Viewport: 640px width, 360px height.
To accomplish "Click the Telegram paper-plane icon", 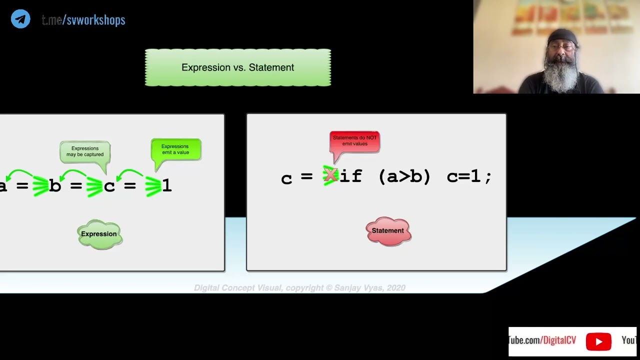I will coord(20,19).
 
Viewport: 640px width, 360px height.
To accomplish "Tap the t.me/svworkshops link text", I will coord(83,20).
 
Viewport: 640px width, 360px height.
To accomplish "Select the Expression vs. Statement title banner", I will coord(237,67).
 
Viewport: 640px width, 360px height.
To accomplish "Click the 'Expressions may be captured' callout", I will coord(85,151).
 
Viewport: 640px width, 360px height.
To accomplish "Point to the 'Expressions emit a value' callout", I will coord(175,149).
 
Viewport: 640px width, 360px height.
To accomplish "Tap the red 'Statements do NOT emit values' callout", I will coord(354,141).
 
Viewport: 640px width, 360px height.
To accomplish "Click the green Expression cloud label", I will coord(99,234).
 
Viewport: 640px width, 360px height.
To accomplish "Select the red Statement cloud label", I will coord(388,231).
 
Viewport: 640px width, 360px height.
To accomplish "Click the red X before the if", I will coord(330,175).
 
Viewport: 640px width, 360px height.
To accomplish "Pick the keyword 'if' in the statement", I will coord(350,176).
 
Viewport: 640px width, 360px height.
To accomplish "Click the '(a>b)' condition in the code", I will coord(404,176).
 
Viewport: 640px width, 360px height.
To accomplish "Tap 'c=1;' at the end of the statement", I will coord(469,176).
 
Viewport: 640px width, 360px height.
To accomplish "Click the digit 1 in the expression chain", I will coord(167,185).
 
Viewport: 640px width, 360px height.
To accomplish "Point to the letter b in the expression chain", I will coord(55,186).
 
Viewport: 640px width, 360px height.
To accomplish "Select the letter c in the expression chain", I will coord(109,186).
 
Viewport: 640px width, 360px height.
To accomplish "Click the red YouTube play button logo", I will coord(598,341).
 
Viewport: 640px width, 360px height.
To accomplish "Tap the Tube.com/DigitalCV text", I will coord(542,340).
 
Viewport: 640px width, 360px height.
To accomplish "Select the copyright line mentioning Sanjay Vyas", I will coord(299,288).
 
